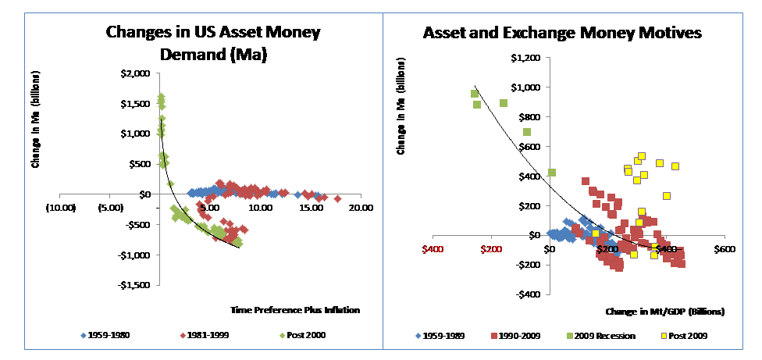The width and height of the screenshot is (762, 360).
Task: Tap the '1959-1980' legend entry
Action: pos(110,335)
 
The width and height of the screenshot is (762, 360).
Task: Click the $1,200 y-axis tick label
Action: pos(524,58)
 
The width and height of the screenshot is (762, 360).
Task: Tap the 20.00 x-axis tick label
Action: pos(360,208)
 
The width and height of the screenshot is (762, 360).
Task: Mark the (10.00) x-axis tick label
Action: pos(59,208)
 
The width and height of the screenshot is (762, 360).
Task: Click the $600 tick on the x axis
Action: pos(724,249)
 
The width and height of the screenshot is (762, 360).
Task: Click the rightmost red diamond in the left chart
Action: pos(337,199)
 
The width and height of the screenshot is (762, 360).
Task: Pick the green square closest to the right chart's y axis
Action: pos(551,173)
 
